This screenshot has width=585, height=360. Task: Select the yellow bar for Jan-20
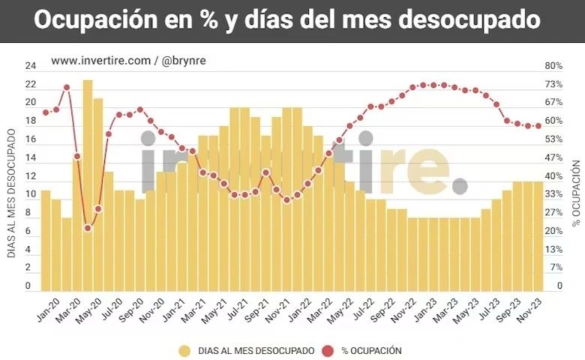pyautogui.click(x=46, y=240)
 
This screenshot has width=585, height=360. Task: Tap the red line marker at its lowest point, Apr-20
pyautogui.click(x=88, y=228)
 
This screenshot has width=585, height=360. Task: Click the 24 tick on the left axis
pyautogui.click(x=31, y=65)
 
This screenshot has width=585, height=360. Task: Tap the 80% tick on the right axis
pyautogui.click(x=553, y=65)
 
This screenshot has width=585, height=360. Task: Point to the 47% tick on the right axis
pyautogui.click(x=553, y=157)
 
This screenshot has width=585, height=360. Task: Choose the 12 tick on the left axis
pyautogui.click(x=31, y=175)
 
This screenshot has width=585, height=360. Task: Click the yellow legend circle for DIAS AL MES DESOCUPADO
pyautogui.click(x=184, y=350)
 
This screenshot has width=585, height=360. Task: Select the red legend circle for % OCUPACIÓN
pyautogui.click(x=328, y=350)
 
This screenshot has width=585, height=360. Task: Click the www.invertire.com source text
pyautogui.click(x=100, y=61)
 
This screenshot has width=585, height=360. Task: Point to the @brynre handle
pyautogui.click(x=184, y=61)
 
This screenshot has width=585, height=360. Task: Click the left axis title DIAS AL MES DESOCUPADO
pyautogui.click(x=12, y=193)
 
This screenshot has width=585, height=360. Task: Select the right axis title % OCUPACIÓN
pyautogui.click(x=576, y=193)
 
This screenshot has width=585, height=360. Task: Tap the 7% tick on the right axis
pyautogui.click(x=553, y=268)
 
